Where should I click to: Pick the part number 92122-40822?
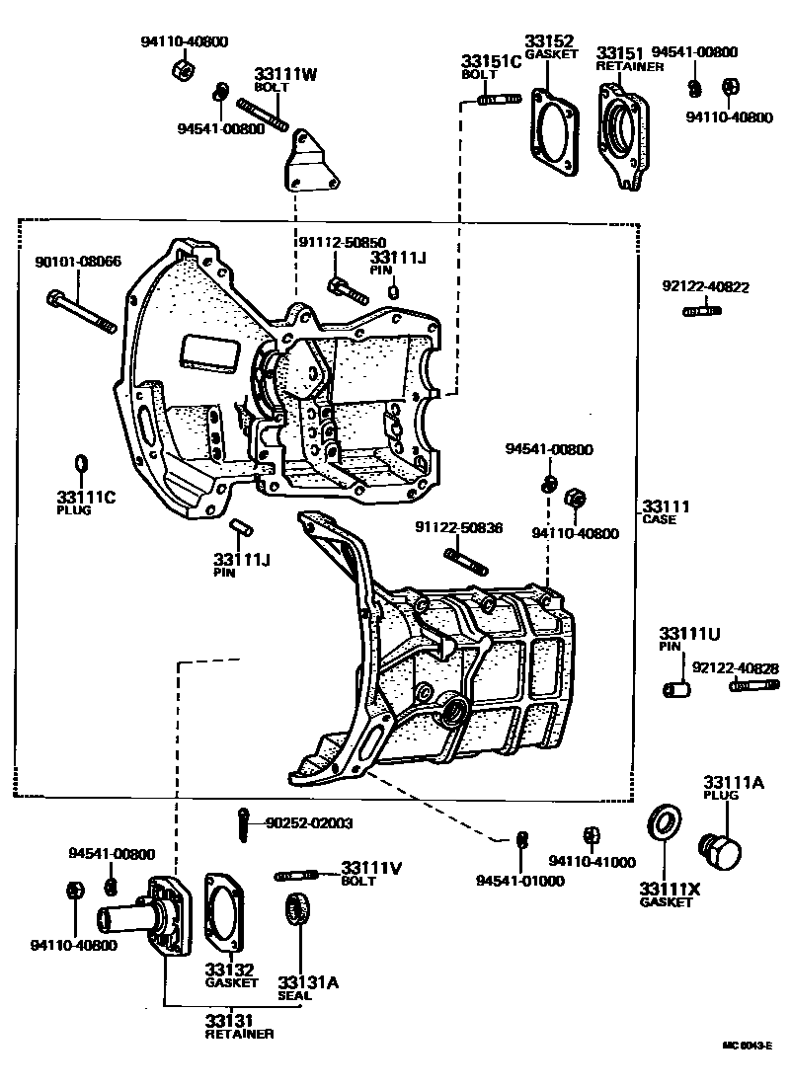point(705,288)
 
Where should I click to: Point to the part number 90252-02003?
point(309,821)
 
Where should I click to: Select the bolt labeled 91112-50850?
point(348,289)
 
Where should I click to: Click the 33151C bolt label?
point(491,66)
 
